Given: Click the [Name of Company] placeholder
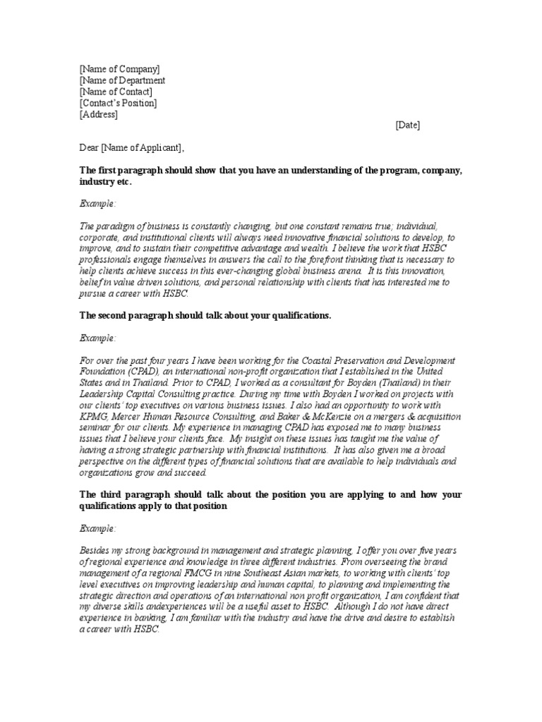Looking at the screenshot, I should [119, 69].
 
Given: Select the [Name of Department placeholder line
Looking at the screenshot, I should [122, 80].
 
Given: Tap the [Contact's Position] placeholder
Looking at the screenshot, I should [118, 103].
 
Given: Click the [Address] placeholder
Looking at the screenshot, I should [98, 114].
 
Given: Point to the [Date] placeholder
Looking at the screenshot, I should [407, 126].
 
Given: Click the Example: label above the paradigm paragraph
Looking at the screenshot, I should [98, 203].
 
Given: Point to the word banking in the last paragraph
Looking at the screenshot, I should [157, 618].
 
